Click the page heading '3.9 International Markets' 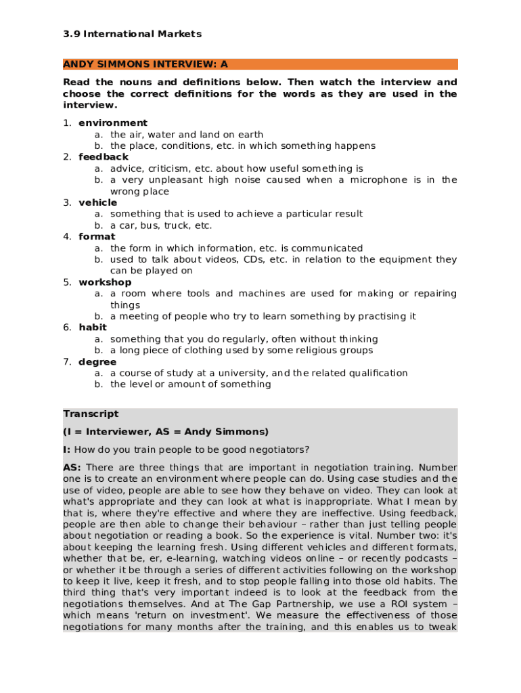(x=133, y=34)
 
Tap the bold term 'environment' (x=113, y=123)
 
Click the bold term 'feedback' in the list (x=104, y=157)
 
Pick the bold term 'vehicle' (x=98, y=202)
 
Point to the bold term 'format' (x=97, y=237)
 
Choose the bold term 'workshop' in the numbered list (x=105, y=282)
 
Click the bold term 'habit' (x=93, y=328)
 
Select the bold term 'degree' (x=97, y=362)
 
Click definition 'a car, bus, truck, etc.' (x=161, y=225)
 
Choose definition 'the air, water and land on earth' (x=187, y=135)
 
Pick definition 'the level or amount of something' (x=190, y=384)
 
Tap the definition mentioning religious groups (x=242, y=351)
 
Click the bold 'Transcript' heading (x=91, y=413)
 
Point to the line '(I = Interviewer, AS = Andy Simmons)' (x=166, y=432)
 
